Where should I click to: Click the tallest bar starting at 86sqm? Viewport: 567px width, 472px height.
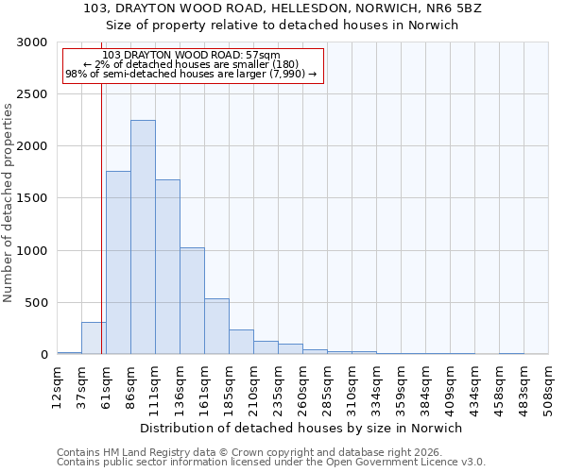[x=143, y=237]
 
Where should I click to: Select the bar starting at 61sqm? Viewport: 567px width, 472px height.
[x=118, y=262]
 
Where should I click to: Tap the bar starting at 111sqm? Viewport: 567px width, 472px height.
[x=167, y=267]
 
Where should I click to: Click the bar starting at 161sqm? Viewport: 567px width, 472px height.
[x=216, y=327]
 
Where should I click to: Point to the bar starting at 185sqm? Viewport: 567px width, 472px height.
[x=241, y=342]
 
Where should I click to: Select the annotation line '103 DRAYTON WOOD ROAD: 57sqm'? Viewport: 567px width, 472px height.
[x=192, y=55]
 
